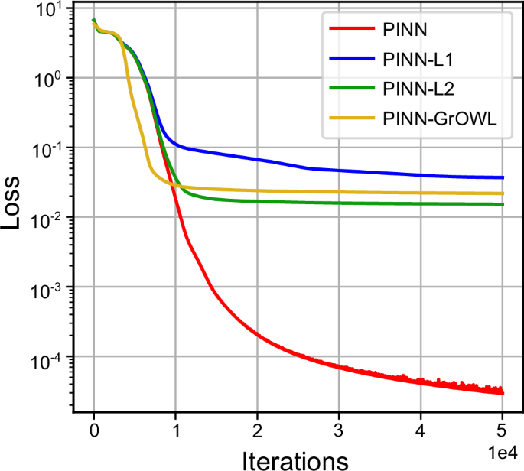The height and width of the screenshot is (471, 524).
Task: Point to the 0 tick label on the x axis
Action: click(94, 427)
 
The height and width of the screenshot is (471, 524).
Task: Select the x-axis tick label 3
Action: click(339, 427)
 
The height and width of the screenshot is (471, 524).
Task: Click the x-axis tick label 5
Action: click(503, 427)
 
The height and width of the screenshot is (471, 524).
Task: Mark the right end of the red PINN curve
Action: click(503, 393)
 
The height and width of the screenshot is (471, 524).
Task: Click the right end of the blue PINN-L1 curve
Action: click(503, 177)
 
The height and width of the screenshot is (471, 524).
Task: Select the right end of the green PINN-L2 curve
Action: click(503, 204)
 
